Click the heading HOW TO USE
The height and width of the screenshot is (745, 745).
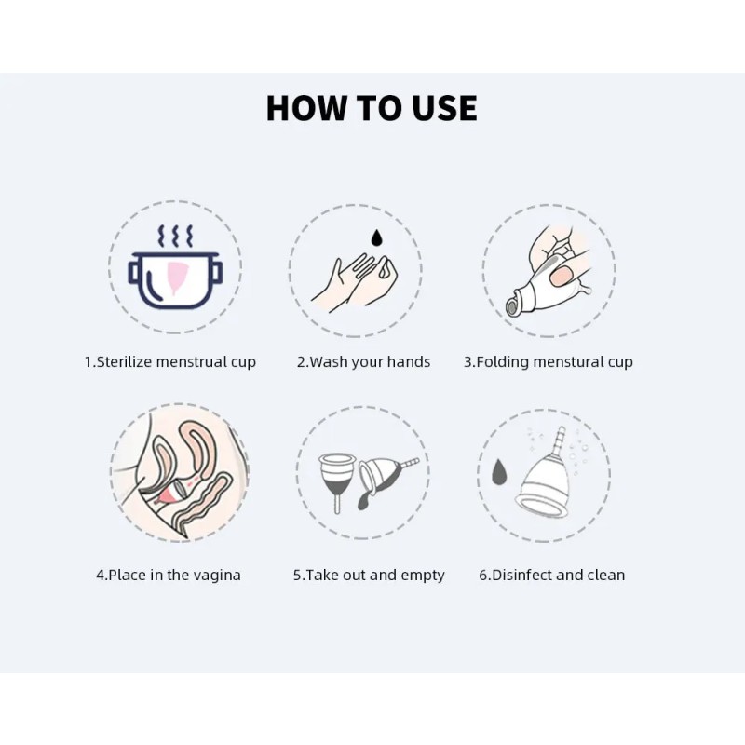(x=372, y=108)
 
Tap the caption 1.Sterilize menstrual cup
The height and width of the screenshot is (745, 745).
(x=170, y=361)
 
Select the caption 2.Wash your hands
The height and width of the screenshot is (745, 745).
(x=363, y=361)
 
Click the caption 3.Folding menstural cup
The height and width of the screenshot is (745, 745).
(x=549, y=361)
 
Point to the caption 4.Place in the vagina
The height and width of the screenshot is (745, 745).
(x=169, y=575)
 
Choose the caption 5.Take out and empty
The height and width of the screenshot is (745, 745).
(x=369, y=575)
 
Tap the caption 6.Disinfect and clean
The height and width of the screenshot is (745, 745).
(x=552, y=575)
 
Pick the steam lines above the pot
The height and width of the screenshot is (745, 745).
(x=175, y=234)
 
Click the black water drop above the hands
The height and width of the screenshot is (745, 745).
(x=376, y=238)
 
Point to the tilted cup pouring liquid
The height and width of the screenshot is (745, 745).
(x=382, y=477)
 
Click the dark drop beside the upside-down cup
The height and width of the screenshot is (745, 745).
(x=498, y=473)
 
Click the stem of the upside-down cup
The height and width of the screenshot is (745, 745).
(x=559, y=440)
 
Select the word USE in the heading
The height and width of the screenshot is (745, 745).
(x=440, y=108)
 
